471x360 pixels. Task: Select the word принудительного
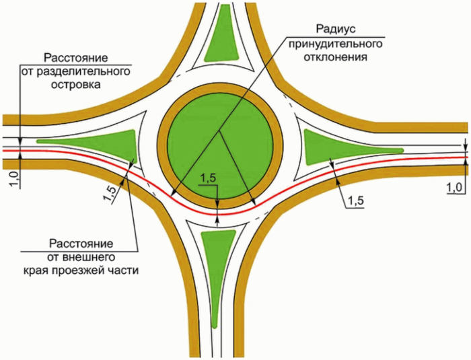point(335,44)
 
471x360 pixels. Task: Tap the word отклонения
point(336,58)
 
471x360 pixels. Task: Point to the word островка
point(79,85)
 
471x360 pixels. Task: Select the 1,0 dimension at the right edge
point(456,185)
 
